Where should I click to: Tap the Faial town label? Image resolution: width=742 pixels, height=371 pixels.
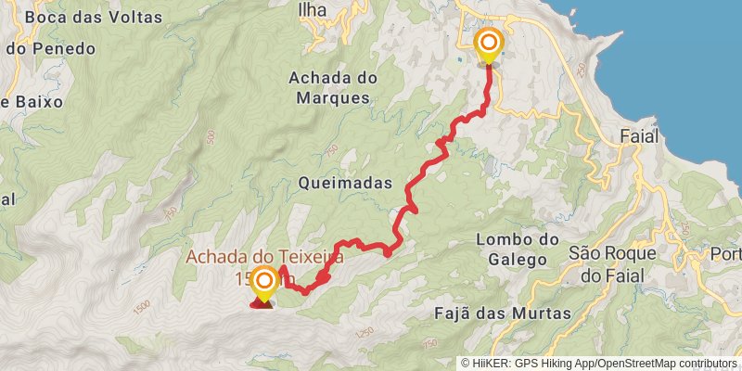point(637,136)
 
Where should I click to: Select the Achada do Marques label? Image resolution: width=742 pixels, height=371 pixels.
point(329,86)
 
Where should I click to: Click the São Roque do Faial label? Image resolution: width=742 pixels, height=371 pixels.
point(612,262)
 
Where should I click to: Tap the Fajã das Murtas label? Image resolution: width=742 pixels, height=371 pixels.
point(503,313)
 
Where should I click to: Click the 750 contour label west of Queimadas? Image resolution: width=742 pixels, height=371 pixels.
point(170,213)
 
